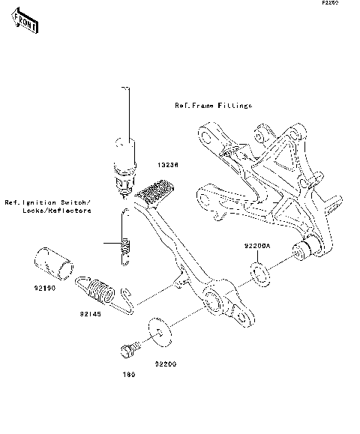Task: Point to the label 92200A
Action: click(256, 245)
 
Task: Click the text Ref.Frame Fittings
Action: click(214, 106)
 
